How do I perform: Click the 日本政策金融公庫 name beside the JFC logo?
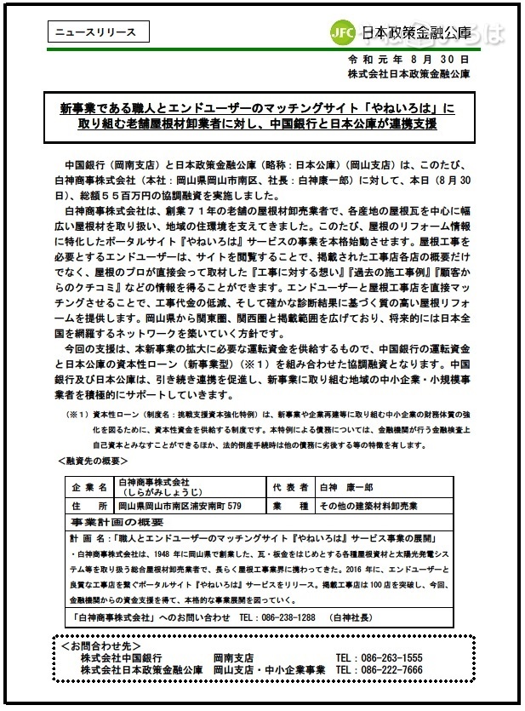pos(416,34)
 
